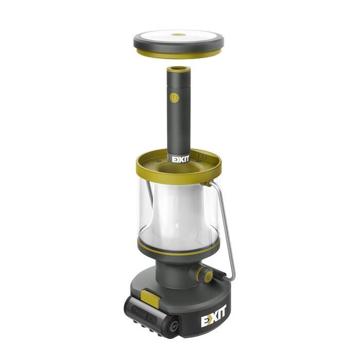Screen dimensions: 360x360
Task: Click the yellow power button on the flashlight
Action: click(174, 97)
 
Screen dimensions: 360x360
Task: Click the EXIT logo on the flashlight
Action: click(181, 159)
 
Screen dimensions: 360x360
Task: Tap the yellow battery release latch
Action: click(150, 299)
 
